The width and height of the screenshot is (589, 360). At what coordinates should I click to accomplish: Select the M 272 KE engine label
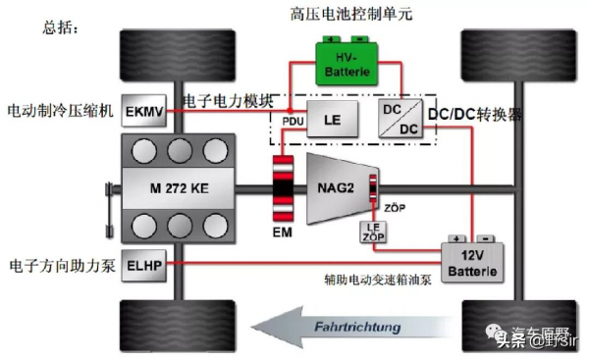click(x=168, y=186)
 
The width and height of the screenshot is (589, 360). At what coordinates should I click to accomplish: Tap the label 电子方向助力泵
click(x=61, y=266)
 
